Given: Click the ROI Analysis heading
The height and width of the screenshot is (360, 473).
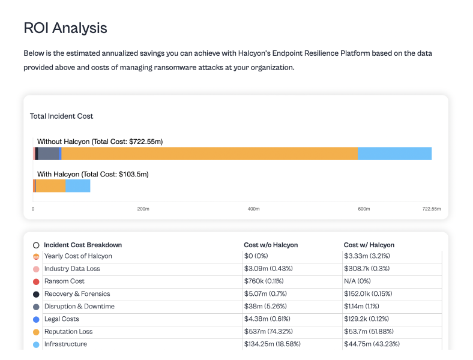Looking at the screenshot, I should [65, 28].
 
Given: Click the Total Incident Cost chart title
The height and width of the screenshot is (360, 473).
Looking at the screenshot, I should [62, 116].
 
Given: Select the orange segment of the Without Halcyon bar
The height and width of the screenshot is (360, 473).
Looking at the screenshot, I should [209, 154].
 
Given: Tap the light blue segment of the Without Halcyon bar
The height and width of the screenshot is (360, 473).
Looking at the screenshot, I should [394, 154].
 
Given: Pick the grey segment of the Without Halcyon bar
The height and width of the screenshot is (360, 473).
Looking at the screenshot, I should [49, 154].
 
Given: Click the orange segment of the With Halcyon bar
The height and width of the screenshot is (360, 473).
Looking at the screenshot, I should [50, 186].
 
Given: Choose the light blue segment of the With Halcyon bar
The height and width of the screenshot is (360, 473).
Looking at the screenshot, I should [77, 186].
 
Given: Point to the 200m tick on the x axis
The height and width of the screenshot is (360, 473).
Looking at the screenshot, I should [143, 209].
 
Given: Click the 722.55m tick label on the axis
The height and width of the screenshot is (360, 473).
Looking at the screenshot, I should [431, 209].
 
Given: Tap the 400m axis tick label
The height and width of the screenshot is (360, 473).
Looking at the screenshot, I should [253, 209].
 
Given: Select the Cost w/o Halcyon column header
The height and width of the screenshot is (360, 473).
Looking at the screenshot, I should [271, 245].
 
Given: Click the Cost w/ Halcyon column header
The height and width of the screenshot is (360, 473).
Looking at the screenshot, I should [369, 245].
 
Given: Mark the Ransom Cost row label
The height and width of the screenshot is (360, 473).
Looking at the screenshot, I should [64, 281].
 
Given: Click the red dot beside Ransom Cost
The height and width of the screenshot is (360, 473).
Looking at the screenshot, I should [36, 281].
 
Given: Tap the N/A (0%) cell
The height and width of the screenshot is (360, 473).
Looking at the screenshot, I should [357, 281].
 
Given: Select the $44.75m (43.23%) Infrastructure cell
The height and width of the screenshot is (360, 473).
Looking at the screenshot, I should [372, 344].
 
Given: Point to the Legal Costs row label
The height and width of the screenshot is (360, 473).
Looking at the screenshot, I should [61, 319].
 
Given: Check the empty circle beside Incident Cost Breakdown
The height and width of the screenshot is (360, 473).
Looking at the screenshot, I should [36, 245].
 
